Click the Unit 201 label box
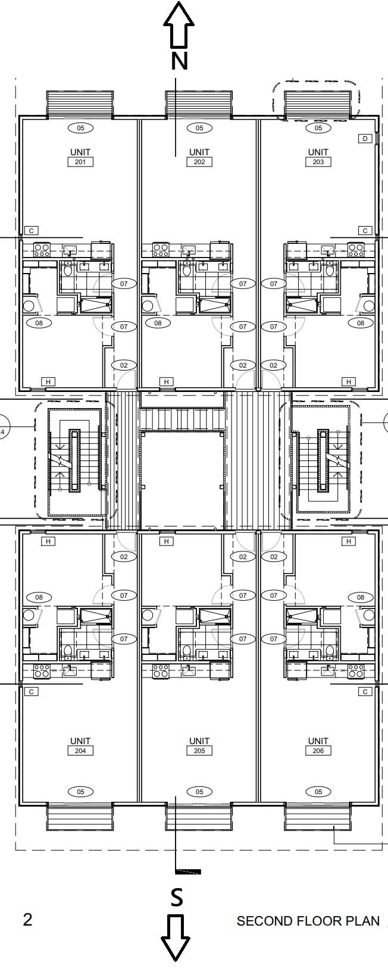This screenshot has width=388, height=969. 80,162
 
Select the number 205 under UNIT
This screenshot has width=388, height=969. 199,751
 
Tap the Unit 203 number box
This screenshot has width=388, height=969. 318,162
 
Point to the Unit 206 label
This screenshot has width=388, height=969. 318,751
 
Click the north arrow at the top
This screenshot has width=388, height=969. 179,26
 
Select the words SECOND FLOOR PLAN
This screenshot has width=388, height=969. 308,921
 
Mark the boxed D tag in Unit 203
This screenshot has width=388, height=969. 365,139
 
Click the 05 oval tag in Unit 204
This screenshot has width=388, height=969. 80,791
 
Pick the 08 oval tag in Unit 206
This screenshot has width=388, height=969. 361,597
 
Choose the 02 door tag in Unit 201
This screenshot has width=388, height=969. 124,365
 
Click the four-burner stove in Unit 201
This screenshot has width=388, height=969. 42,250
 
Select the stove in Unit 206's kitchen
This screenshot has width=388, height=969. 356,671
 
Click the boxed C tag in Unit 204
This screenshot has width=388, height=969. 31,692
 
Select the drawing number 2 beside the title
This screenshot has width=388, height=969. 27,920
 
